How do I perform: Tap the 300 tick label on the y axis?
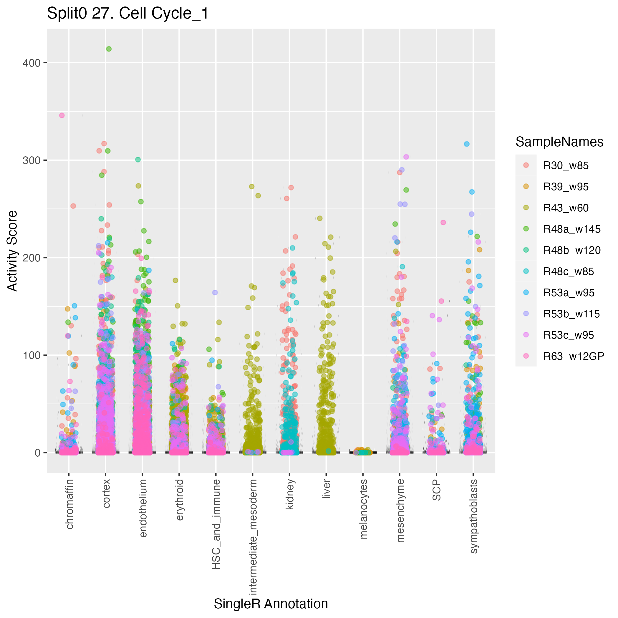pyautogui.click(x=31, y=160)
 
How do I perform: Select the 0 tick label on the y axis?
pyautogui.click(x=37, y=453)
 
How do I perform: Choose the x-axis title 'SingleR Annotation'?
pyautogui.click(x=271, y=604)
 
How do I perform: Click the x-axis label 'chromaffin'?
pyautogui.click(x=69, y=504)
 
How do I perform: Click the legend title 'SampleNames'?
pyautogui.click(x=559, y=142)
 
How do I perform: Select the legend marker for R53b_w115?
pyautogui.click(x=526, y=314)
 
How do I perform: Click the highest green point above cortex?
pyautogui.click(x=109, y=49)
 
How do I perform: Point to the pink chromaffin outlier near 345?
pyautogui.click(x=62, y=115)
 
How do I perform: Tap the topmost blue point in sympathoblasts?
pyautogui.click(x=467, y=144)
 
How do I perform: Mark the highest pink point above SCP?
pyautogui.click(x=443, y=222)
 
